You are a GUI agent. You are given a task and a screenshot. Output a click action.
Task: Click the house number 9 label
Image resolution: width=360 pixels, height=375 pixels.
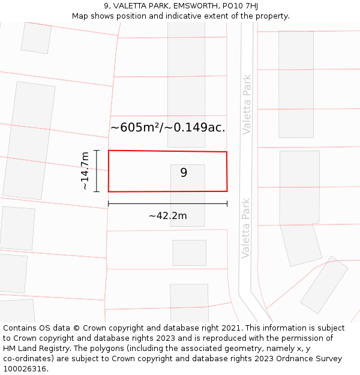click(x=184, y=173)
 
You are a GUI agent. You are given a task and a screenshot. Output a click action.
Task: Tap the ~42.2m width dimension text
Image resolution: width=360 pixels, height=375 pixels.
click(x=167, y=216)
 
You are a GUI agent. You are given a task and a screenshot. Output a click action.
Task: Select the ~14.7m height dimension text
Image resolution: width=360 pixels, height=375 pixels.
click(x=85, y=171)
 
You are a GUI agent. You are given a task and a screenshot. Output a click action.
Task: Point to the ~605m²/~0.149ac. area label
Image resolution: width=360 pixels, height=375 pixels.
click(x=167, y=127)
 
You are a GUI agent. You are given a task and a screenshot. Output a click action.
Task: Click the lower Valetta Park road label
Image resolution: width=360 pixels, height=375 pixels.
click(x=245, y=228)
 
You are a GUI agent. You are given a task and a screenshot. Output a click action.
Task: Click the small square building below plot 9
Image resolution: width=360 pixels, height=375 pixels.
click(x=189, y=253)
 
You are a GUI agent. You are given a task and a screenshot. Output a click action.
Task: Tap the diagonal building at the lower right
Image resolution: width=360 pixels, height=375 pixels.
click(x=324, y=284)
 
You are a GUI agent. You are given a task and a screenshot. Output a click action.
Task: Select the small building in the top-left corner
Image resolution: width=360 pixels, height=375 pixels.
click(x=36, y=37)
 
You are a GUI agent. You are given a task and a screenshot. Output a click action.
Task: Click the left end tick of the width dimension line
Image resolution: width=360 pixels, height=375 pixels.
click(x=108, y=204)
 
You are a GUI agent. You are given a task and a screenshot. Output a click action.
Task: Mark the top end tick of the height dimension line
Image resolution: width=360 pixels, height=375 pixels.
click(x=96, y=151)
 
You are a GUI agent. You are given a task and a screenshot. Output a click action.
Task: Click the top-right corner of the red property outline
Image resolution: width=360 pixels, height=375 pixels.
click(x=226, y=152)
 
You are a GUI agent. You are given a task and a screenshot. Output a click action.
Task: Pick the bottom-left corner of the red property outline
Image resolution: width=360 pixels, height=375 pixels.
click(x=109, y=191)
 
